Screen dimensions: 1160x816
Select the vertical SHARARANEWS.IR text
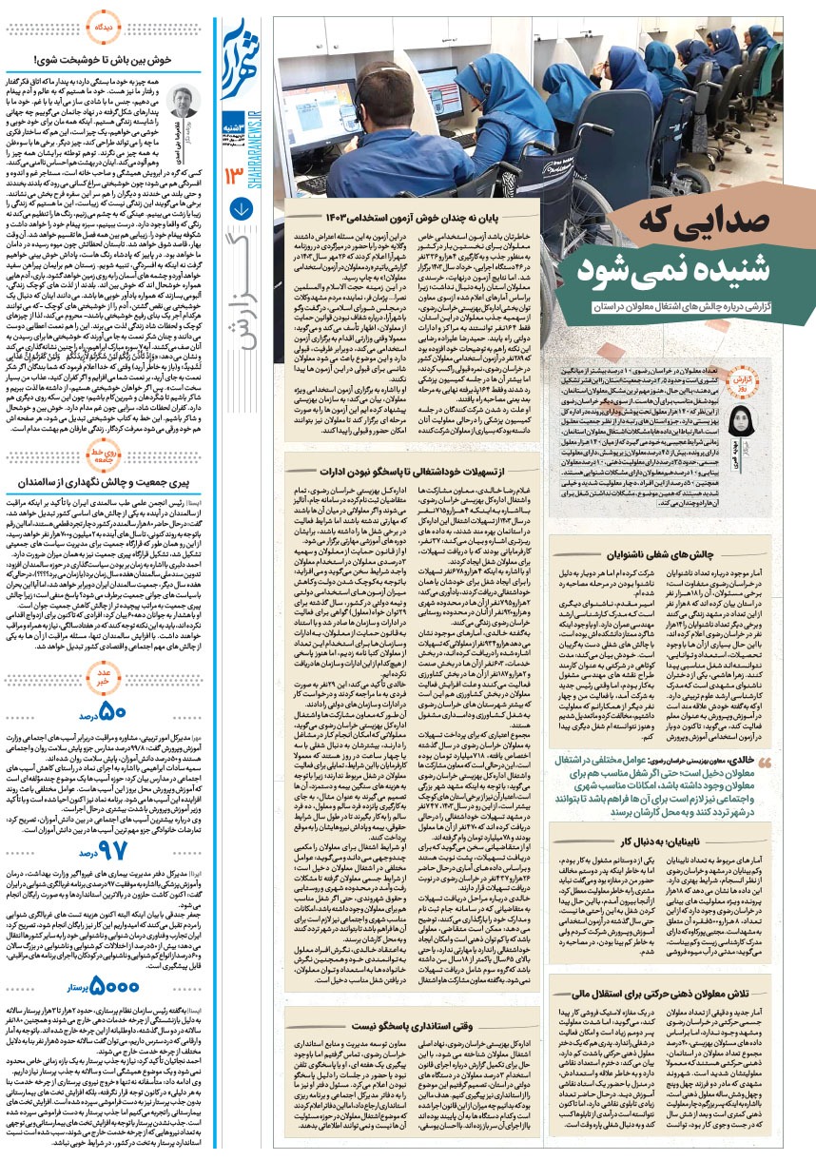pyautogui.click(x=240, y=146)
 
